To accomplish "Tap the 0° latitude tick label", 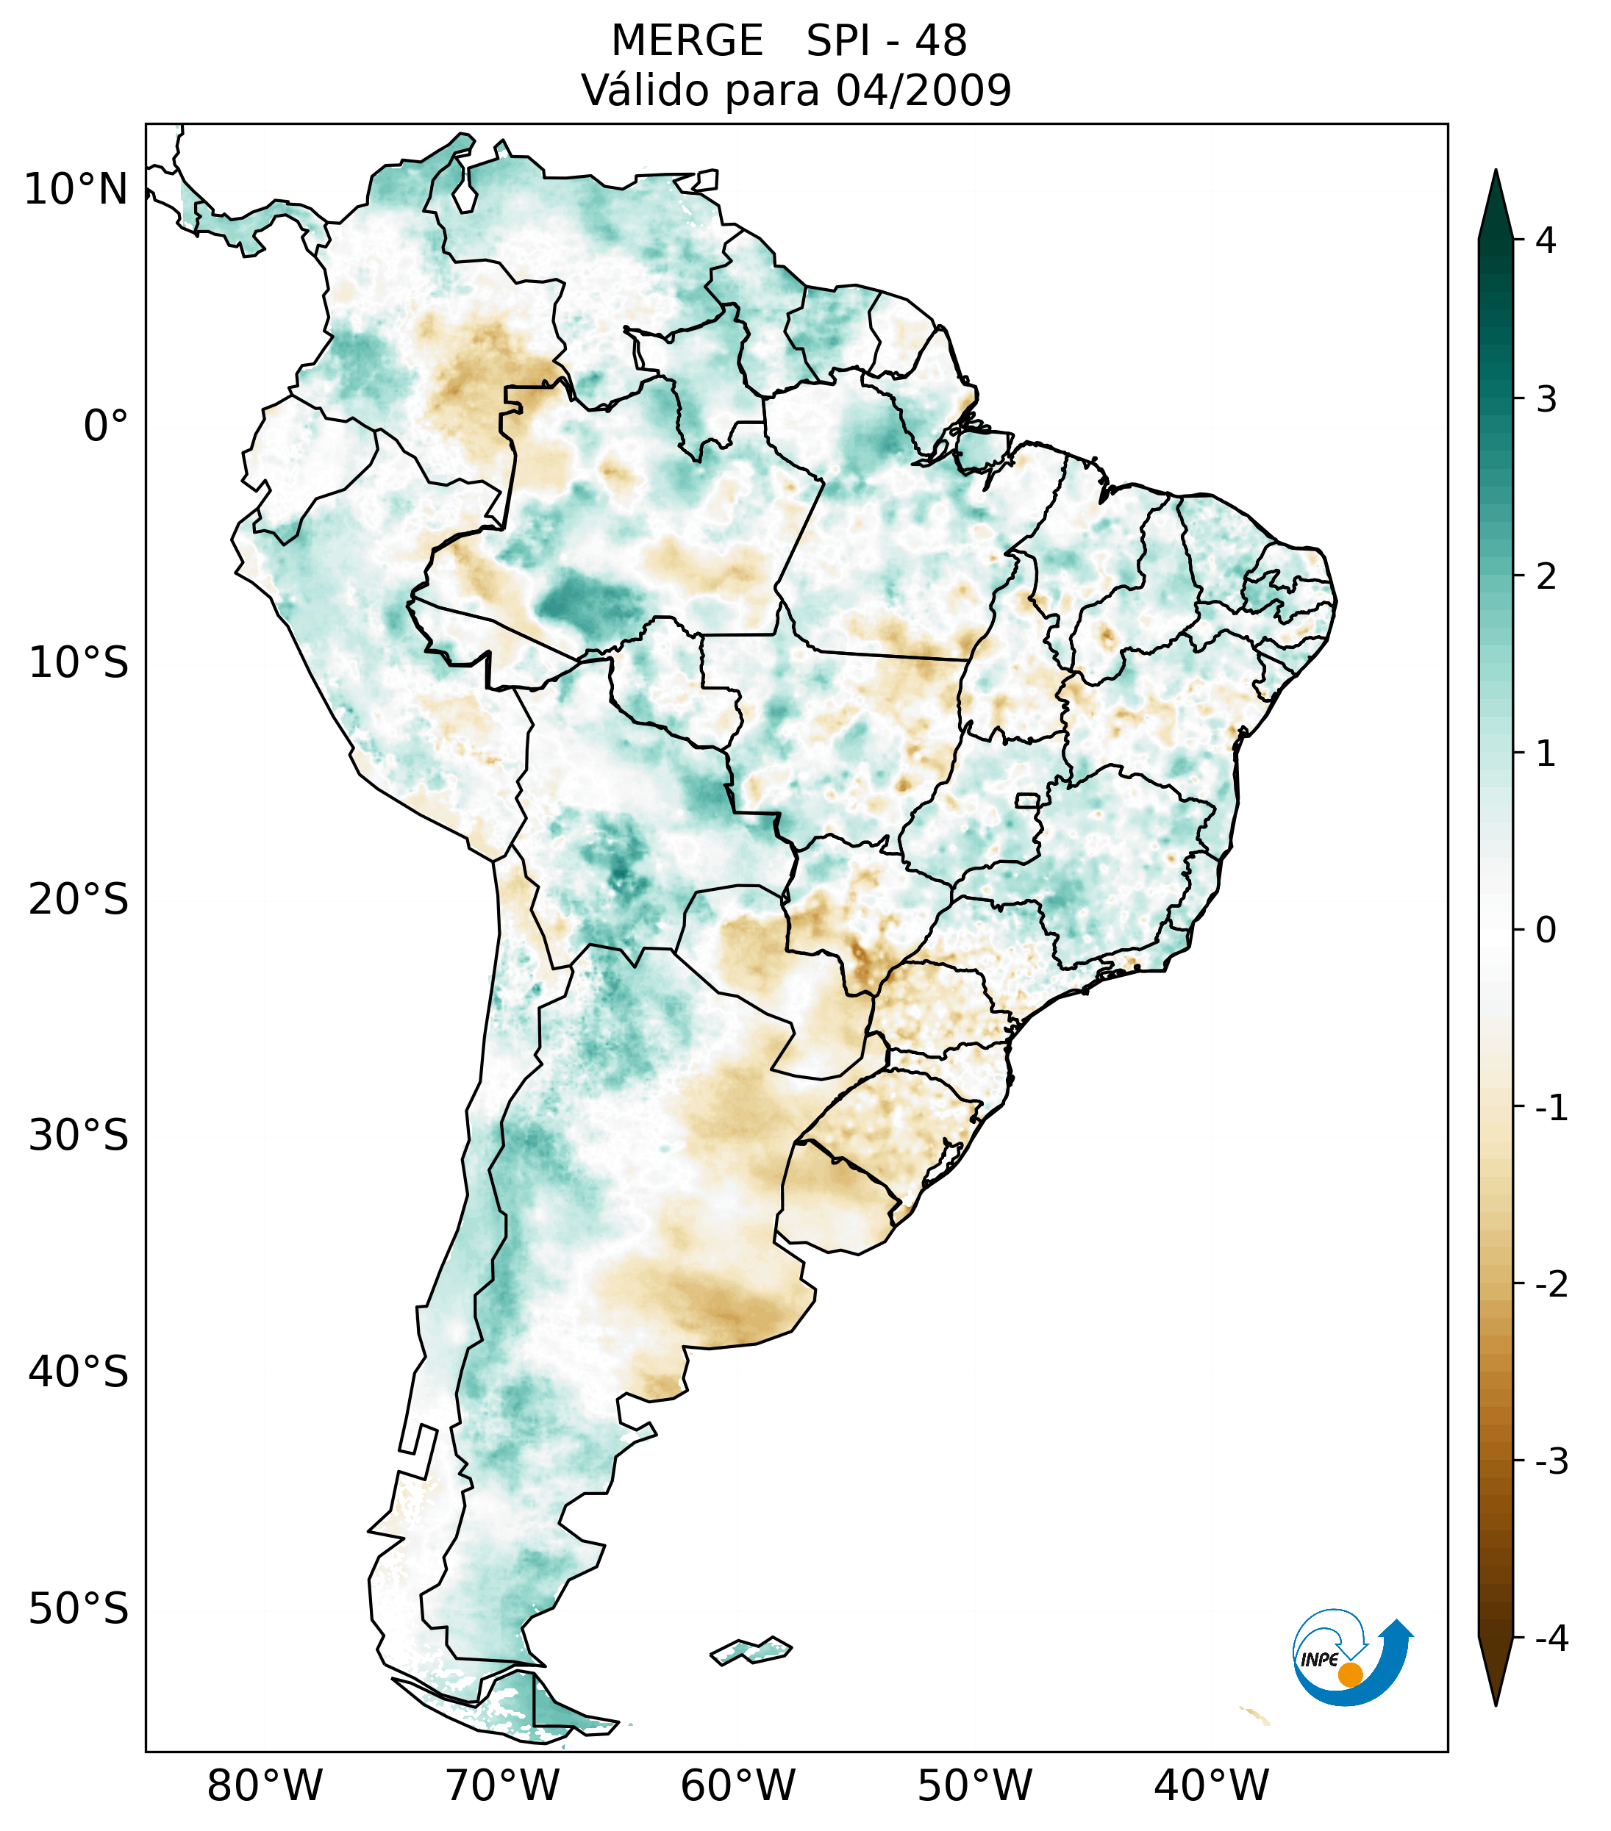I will click(105, 426).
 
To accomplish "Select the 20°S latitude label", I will click(78, 900).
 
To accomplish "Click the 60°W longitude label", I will click(737, 1785).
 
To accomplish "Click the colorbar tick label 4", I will click(1546, 240).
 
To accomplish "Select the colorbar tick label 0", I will click(1546, 931).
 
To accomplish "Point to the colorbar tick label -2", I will click(1551, 1285).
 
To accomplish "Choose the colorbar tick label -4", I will click(1551, 1638).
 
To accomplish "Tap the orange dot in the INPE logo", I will click(1350, 1674).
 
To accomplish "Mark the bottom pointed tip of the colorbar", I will click(1496, 1704).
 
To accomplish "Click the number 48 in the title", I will click(941, 41).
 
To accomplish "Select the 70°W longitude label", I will click(501, 1785).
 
